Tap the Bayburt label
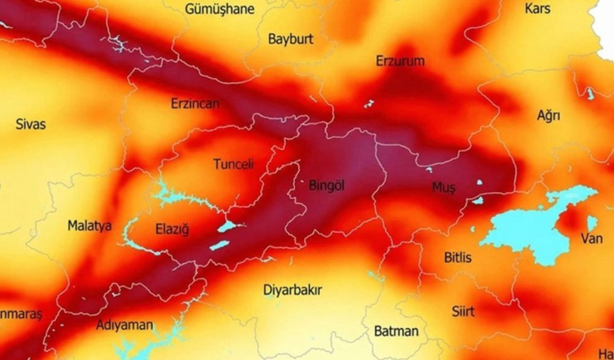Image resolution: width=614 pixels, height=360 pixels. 291,39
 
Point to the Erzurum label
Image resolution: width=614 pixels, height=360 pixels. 400,61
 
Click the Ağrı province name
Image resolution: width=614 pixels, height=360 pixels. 548,115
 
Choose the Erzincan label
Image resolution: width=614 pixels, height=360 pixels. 195,104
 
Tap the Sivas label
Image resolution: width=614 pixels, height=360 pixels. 30,124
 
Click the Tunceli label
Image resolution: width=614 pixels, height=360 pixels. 233,164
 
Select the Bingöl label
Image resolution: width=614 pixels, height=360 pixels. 326,186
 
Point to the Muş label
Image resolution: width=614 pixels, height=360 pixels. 443,187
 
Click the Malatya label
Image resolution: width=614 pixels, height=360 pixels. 89,226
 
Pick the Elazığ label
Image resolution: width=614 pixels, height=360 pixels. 171,229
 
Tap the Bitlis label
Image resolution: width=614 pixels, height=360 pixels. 457,258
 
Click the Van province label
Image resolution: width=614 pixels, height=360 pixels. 591,239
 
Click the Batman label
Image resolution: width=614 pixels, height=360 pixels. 396,331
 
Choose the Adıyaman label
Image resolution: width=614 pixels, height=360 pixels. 124,326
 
